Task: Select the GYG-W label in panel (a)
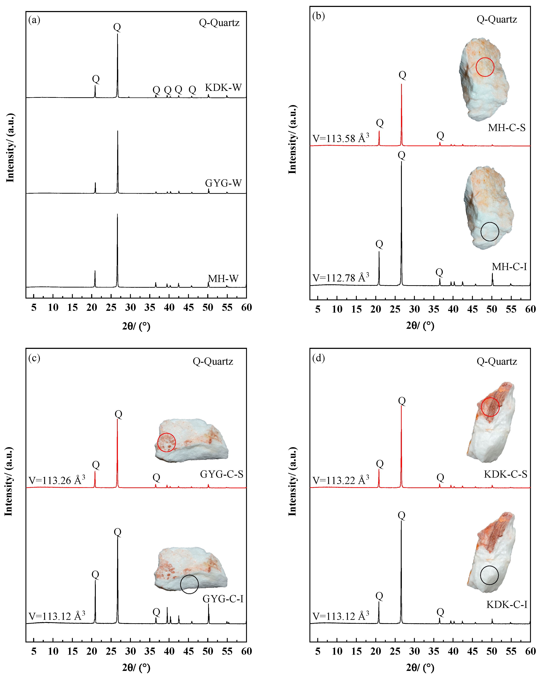pyautogui.click(x=223, y=183)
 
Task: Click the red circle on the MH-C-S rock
pyautogui.click(x=485, y=67)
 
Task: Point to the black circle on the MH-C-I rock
pyautogui.click(x=490, y=232)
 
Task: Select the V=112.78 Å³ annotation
pyautogui.click(x=341, y=278)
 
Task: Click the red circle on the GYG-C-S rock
pyautogui.click(x=166, y=442)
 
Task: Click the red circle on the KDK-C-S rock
pyautogui.click(x=490, y=407)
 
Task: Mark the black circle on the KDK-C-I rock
pyautogui.click(x=489, y=575)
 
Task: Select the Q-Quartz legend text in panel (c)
pyautogui.click(x=213, y=361)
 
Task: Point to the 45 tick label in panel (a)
pyautogui.click(x=188, y=308)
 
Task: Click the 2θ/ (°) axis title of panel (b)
pyautogui.click(x=420, y=325)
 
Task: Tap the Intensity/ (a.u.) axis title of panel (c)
pyautogui.click(x=9, y=481)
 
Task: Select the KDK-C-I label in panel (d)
pyautogui.click(x=507, y=604)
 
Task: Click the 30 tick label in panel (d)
pyautogui.click(x=414, y=651)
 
